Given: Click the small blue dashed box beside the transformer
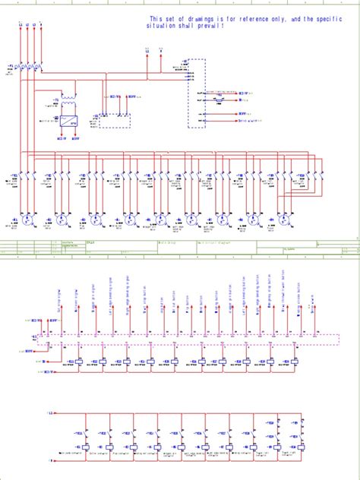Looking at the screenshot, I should coord(114,121).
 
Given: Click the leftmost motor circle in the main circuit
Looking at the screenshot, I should coord(28,219).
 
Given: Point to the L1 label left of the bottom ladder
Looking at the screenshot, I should coord(51,412).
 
